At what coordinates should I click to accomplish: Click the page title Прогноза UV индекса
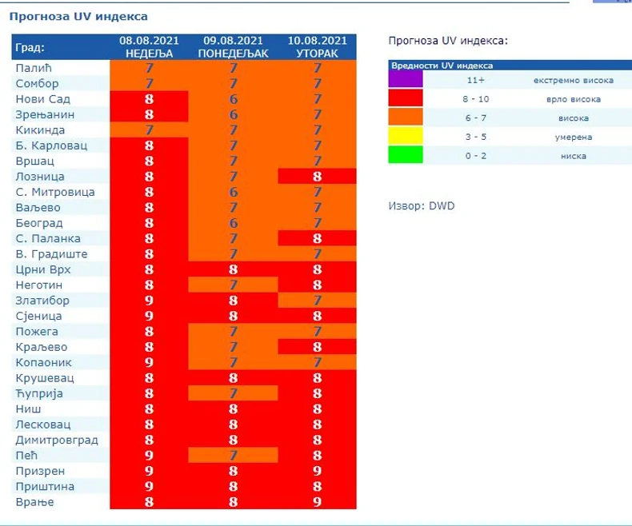pyautogui.click(x=78, y=16)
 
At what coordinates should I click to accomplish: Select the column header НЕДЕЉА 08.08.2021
pyautogui.click(x=149, y=46)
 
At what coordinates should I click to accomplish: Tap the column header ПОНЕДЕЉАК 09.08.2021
pyautogui.click(x=234, y=46)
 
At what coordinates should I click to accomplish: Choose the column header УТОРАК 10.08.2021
pyautogui.click(x=318, y=46)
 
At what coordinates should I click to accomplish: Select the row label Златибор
pyautogui.click(x=43, y=301)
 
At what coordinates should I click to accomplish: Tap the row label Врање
pyautogui.click(x=35, y=502)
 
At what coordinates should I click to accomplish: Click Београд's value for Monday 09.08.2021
pyautogui.click(x=234, y=223)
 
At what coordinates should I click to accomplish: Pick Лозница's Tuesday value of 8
pyautogui.click(x=318, y=177)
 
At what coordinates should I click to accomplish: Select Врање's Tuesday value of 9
pyautogui.click(x=318, y=502)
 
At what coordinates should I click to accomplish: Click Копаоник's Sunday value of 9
pyautogui.click(x=149, y=363)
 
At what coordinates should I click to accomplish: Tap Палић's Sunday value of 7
pyautogui.click(x=149, y=68)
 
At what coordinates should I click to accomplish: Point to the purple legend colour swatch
pyautogui.click(x=406, y=80)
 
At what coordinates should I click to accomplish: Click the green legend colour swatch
pyautogui.click(x=406, y=155)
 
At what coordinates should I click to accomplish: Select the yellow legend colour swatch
pyautogui.click(x=406, y=137)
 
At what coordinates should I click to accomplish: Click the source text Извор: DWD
pyautogui.click(x=421, y=206)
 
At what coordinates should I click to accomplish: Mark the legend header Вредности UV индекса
pyautogui.click(x=442, y=66)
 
